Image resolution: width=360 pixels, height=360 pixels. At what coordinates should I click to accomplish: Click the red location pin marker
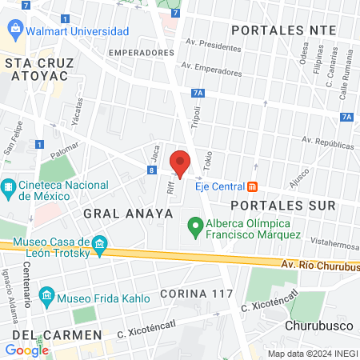181,165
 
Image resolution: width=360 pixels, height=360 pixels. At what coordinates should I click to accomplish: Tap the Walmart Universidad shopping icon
16,31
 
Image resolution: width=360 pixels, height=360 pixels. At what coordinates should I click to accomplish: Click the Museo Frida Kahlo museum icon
47,298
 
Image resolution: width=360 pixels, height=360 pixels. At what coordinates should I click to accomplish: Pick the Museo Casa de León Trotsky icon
99,243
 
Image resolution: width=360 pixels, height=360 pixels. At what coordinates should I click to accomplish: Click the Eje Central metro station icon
253,186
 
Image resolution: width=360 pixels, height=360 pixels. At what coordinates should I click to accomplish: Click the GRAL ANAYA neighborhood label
116,214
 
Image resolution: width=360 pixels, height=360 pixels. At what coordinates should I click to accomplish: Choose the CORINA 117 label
194,293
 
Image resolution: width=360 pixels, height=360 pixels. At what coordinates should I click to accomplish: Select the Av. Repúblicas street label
327,144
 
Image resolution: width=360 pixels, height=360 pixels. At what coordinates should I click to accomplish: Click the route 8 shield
151,170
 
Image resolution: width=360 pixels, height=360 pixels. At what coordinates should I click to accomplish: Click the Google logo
26,350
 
